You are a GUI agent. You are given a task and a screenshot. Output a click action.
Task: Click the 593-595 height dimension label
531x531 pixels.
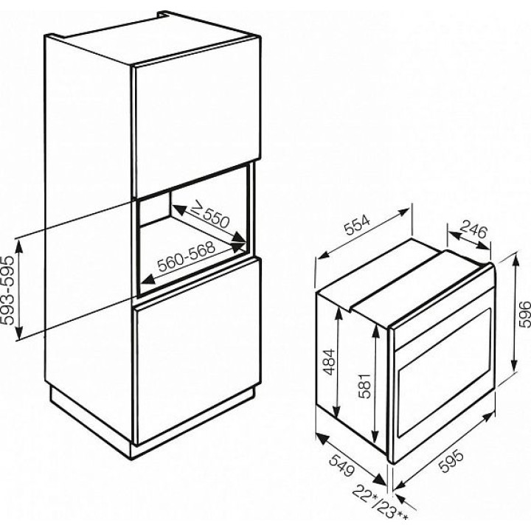tap(7, 290)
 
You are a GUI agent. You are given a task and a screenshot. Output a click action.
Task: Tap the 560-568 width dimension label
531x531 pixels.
tap(186, 256)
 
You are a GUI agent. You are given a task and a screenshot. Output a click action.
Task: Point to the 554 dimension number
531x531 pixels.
tap(358, 225)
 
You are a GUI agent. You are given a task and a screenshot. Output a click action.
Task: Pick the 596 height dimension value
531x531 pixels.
tap(524, 314)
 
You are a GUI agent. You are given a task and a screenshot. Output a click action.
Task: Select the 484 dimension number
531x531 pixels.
tap(329, 361)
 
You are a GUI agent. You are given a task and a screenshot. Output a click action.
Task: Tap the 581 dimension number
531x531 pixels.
tap(366, 386)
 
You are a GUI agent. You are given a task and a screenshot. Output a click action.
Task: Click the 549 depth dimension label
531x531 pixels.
tap(342, 466)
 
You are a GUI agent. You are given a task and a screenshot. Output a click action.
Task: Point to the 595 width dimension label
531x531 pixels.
tap(451, 460)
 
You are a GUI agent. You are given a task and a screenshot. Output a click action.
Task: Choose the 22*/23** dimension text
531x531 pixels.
tap(380, 506)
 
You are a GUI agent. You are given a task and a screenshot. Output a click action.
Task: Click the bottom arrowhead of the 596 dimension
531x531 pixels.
tap(515, 365)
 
